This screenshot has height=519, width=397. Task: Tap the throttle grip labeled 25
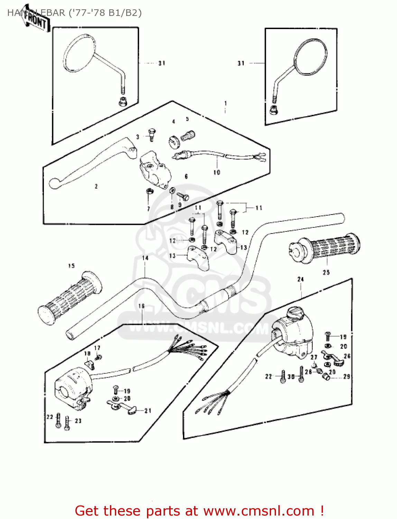pyautogui.click(x=325, y=247)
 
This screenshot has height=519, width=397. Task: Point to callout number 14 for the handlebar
pyautogui.click(x=145, y=258)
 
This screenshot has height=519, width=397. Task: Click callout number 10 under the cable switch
pyautogui.click(x=217, y=172)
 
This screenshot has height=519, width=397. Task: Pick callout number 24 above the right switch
pyautogui.click(x=301, y=279)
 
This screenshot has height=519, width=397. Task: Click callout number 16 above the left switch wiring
pyautogui.click(x=141, y=306)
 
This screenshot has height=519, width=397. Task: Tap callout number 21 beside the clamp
pyautogui.click(x=148, y=411)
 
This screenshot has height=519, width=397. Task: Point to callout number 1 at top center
pyautogui.click(x=226, y=103)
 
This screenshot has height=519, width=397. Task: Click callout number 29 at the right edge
pyautogui.click(x=347, y=376)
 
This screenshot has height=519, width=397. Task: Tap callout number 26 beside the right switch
pyautogui.click(x=347, y=356)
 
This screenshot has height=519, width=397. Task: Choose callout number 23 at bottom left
pyautogui.click(x=78, y=421)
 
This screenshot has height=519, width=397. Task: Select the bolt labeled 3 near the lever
pyautogui.click(x=151, y=133)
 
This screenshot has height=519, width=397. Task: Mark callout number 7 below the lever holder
pyautogui.click(x=148, y=209)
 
